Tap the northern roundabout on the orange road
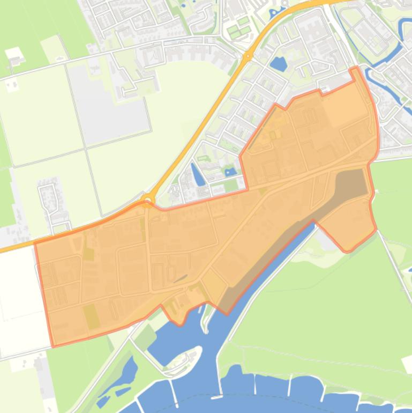(x=248, y=56)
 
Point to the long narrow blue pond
(x=197, y=174)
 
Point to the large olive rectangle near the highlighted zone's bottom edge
(x=91, y=316)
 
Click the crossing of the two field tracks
(x=85, y=149)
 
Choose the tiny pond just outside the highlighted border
(x=231, y=172)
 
